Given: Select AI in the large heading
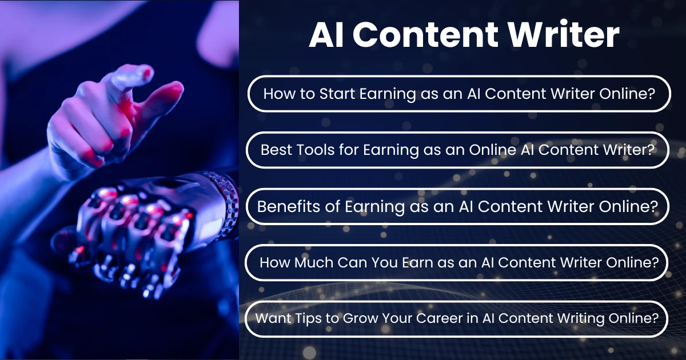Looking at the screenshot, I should [328, 35].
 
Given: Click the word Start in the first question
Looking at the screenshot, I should [330, 94].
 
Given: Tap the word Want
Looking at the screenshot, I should [269, 318].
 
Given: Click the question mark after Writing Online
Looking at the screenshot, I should [655, 318].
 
